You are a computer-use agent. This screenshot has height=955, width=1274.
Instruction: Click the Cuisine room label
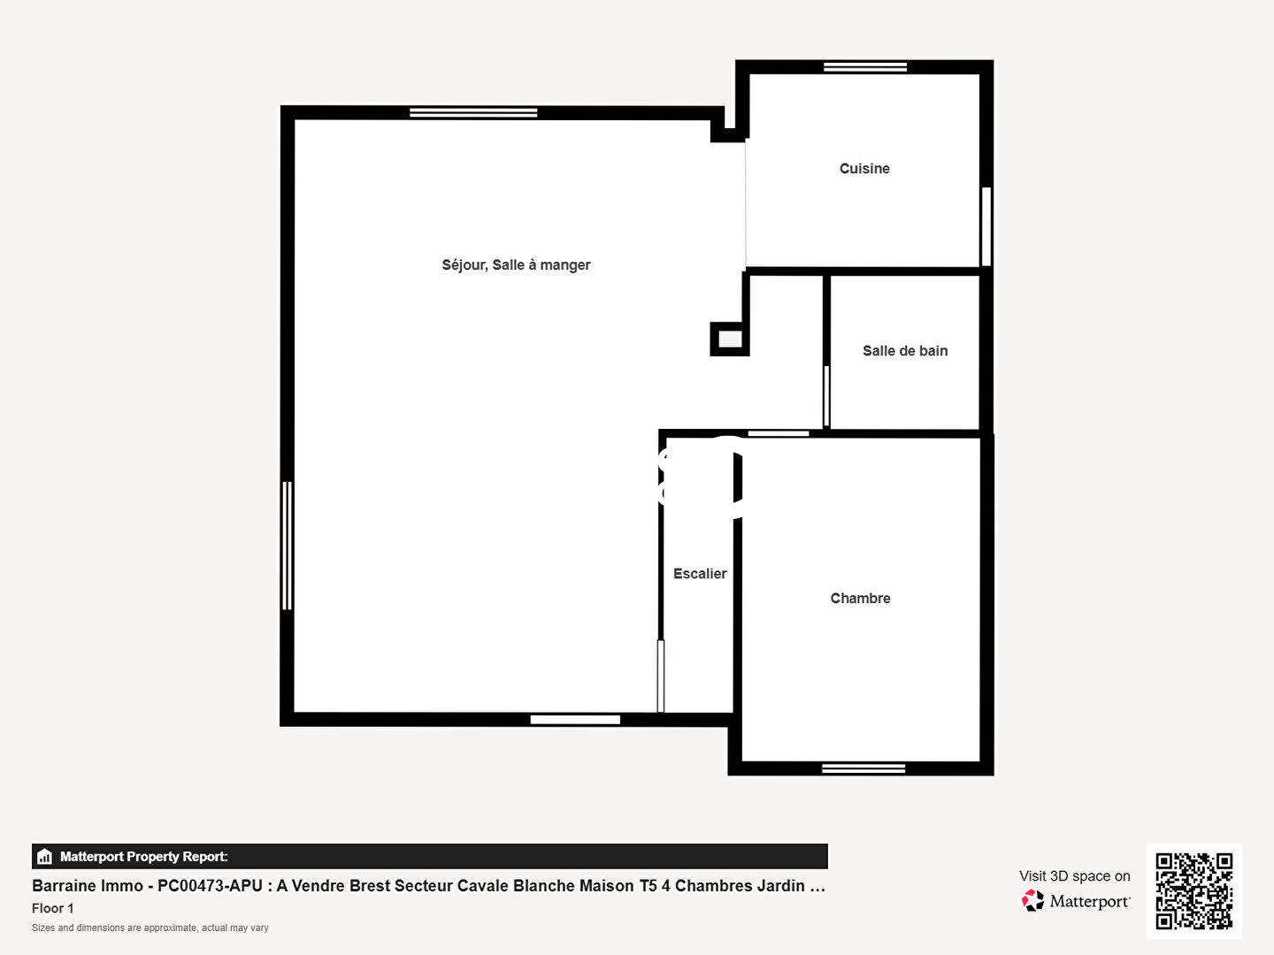coord(864,169)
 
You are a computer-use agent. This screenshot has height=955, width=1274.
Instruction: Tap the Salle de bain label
coord(905,351)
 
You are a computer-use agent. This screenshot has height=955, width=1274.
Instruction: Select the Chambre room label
coord(860,599)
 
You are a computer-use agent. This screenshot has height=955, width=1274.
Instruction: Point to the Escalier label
coord(700,574)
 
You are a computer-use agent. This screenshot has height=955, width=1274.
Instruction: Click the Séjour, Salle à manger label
coord(516,265)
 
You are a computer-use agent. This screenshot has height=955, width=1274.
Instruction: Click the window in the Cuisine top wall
coord(864,67)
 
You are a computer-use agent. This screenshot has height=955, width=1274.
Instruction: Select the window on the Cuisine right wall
coord(986,226)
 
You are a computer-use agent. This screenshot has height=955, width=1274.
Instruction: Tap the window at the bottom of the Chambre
coord(863,768)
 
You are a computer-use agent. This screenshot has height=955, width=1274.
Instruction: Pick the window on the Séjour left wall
coord(287,546)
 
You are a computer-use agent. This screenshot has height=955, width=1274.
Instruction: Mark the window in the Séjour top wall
coord(473,112)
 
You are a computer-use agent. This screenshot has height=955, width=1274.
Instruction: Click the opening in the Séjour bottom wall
coord(575,720)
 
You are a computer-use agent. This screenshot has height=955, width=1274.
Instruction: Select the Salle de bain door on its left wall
coord(826,397)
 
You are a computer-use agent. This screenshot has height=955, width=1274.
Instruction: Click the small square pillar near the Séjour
coord(730,339)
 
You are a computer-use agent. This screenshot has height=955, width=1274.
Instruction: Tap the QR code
coord(1193,890)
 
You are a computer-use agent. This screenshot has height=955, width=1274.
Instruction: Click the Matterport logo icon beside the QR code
coord(1032,900)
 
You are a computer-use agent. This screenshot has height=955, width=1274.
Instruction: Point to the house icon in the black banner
coord(45,857)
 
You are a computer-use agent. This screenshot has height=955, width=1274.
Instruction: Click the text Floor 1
coord(53,908)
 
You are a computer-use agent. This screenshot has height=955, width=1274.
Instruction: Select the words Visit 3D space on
coord(1074,876)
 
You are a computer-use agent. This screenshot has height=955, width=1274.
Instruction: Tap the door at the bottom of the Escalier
coord(661,676)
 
